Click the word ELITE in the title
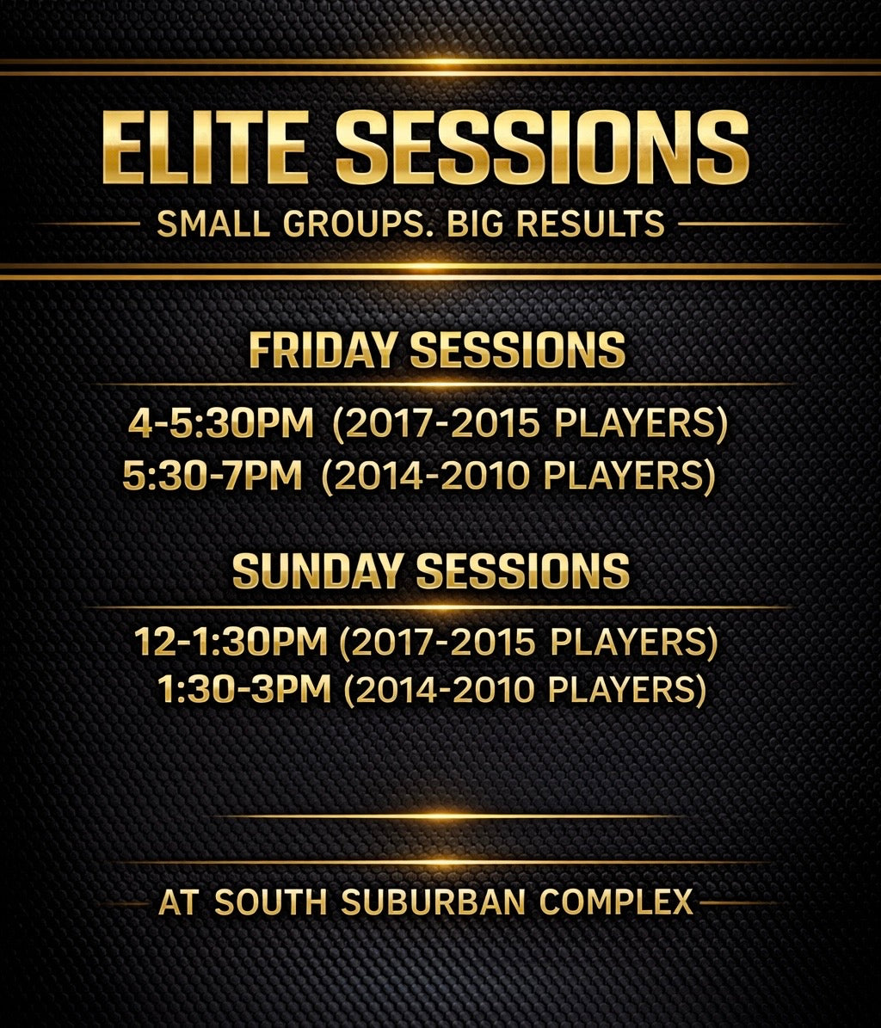pyautogui.click(x=206, y=147)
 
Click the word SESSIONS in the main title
pyautogui.click(x=542, y=147)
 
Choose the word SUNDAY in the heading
pyautogui.click(x=317, y=570)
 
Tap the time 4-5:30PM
pyautogui.click(x=221, y=423)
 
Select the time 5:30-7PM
pyautogui.click(x=213, y=475)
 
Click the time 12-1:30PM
pyautogui.click(x=231, y=641)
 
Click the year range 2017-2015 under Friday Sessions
pyautogui.click(x=442, y=423)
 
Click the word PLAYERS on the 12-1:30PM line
pyautogui.click(x=629, y=642)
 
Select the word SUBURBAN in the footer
pyautogui.click(x=434, y=902)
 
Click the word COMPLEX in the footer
pyautogui.click(x=616, y=902)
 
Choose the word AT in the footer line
pyautogui.click(x=178, y=902)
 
